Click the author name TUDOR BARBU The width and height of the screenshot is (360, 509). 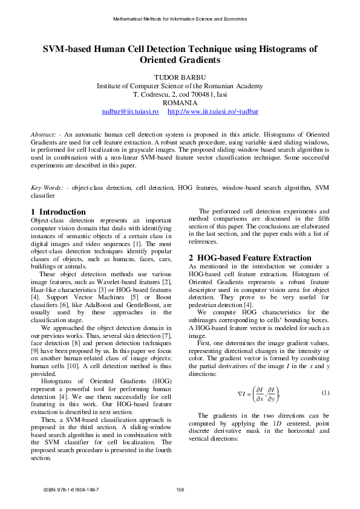click(x=180, y=78)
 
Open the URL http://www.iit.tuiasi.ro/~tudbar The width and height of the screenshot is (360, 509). click(x=212, y=112)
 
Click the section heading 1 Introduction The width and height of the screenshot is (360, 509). click(x=58, y=212)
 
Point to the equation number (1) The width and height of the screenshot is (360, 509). click(x=326, y=393)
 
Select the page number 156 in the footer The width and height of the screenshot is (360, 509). click(x=180, y=489)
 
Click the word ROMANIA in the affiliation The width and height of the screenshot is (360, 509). click(x=180, y=103)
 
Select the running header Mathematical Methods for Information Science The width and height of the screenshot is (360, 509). click(x=180, y=19)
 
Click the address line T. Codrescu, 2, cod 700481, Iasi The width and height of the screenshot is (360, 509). click(x=180, y=95)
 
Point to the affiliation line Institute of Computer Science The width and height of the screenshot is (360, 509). click(x=180, y=86)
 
